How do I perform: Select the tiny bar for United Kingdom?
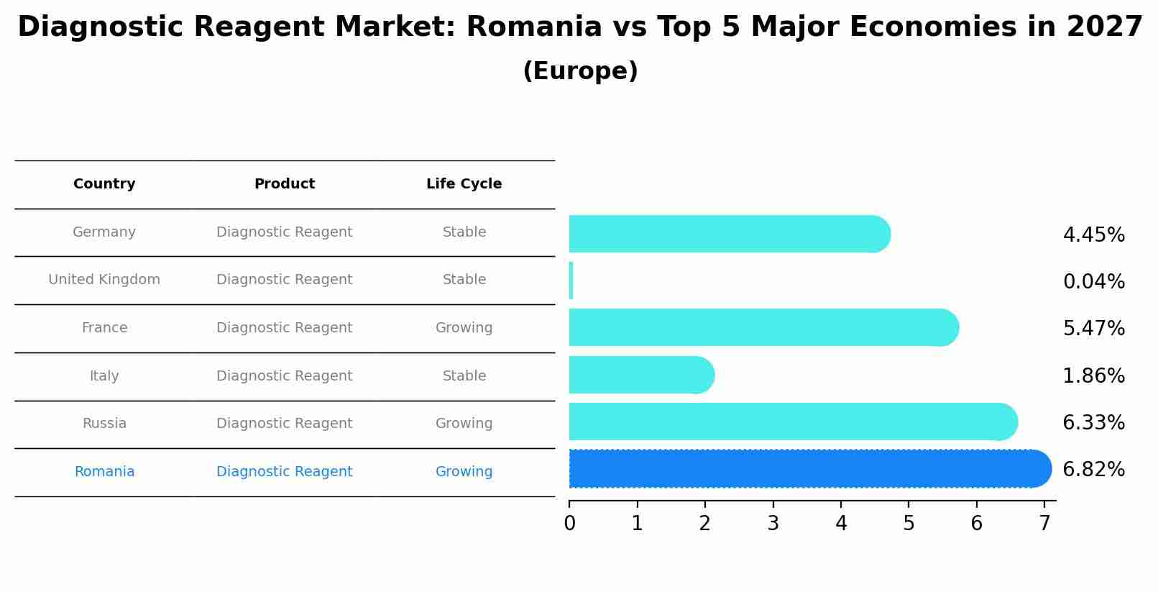click(x=571, y=281)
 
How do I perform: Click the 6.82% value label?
click(x=1093, y=470)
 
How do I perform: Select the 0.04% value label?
click(x=1093, y=281)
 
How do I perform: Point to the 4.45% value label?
click(x=1093, y=235)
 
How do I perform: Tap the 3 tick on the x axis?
click(x=773, y=524)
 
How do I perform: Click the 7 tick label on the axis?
click(x=1044, y=524)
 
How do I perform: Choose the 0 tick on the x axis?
click(x=569, y=524)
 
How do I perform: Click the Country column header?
click(x=104, y=184)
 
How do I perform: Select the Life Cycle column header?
click(x=464, y=184)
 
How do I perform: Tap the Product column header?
click(x=285, y=184)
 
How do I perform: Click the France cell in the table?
click(x=104, y=328)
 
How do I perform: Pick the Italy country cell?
click(x=104, y=376)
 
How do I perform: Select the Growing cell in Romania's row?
click(x=464, y=472)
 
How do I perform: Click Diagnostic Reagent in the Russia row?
click(x=285, y=424)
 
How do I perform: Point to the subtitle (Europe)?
click(x=580, y=71)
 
